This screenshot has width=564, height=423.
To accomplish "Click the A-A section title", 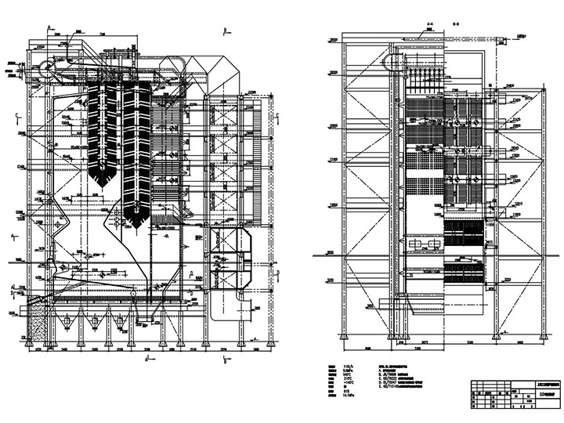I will coord(429,24).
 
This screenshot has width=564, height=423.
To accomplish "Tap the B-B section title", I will coord(455,24).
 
